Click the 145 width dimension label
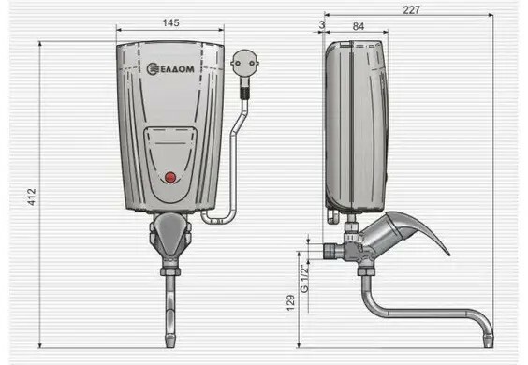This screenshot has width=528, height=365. (x=170, y=22)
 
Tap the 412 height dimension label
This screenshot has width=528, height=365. (x=31, y=197)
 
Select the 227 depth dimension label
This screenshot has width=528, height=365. (x=412, y=10)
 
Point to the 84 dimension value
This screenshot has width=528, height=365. (x=359, y=26)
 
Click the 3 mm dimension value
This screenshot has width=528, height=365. (x=322, y=24)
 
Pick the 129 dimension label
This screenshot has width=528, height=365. (x=290, y=302)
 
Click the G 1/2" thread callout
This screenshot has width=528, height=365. (x=304, y=278)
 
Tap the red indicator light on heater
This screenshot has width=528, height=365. (x=170, y=178)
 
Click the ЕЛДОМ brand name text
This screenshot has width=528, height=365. (x=176, y=69)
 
